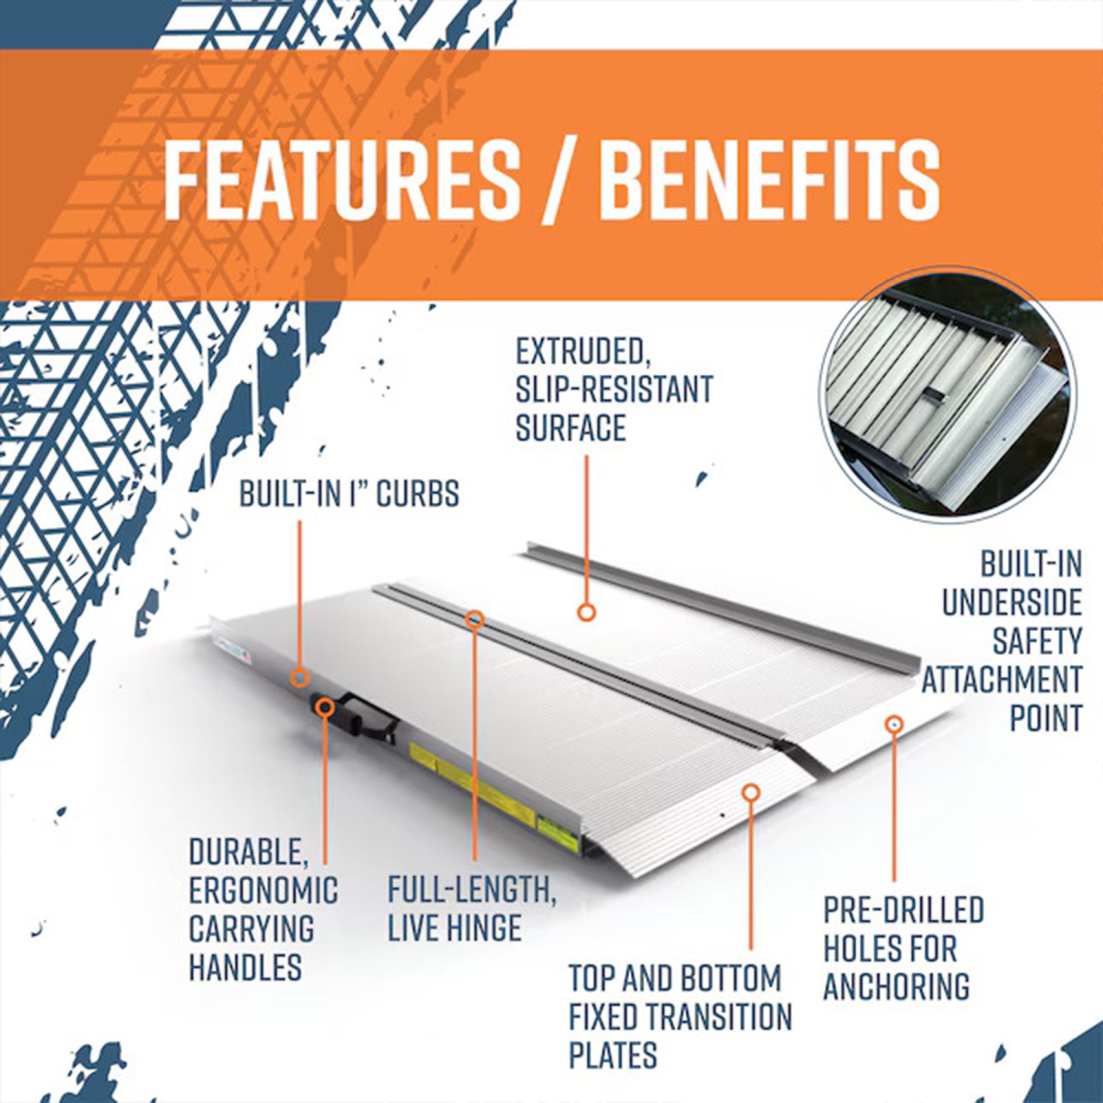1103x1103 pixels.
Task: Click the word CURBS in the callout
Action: pyautogui.click(x=418, y=494)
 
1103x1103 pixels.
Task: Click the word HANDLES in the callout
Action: pyautogui.click(x=246, y=967)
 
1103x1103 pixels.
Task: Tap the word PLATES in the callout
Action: pyautogui.click(x=613, y=1055)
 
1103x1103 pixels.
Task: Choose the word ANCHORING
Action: pyautogui.click(x=896, y=987)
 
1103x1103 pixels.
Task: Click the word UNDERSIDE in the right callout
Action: pyautogui.click(x=1012, y=603)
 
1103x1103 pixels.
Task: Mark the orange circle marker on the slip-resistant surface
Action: pyautogui.click(x=586, y=612)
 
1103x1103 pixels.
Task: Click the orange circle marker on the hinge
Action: pyautogui.click(x=475, y=619)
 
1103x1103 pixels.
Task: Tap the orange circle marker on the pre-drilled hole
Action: pyautogui.click(x=893, y=724)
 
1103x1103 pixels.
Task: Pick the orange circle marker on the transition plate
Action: pyautogui.click(x=750, y=792)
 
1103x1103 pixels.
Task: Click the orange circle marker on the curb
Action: pyautogui.click(x=299, y=678)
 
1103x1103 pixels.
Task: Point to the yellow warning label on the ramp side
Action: pyautogui.click(x=471, y=783)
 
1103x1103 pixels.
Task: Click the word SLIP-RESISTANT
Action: pyautogui.click(x=614, y=390)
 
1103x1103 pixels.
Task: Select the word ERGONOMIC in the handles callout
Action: pyautogui.click(x=263, y=890)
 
